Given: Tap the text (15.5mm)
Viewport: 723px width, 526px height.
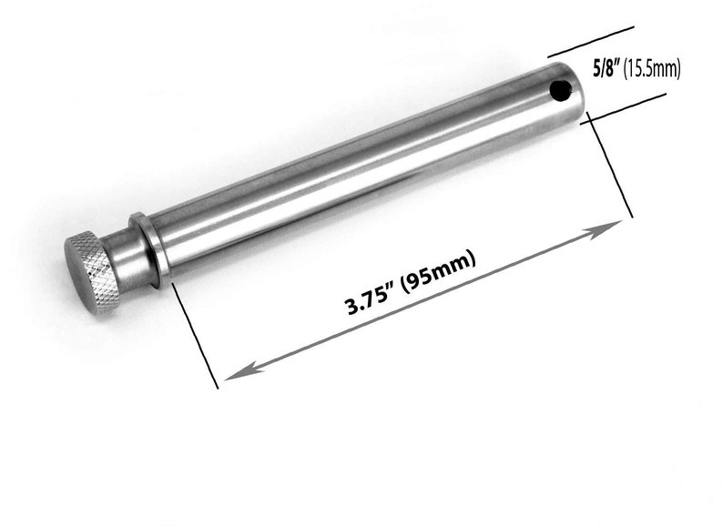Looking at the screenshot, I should pos(652,67).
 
